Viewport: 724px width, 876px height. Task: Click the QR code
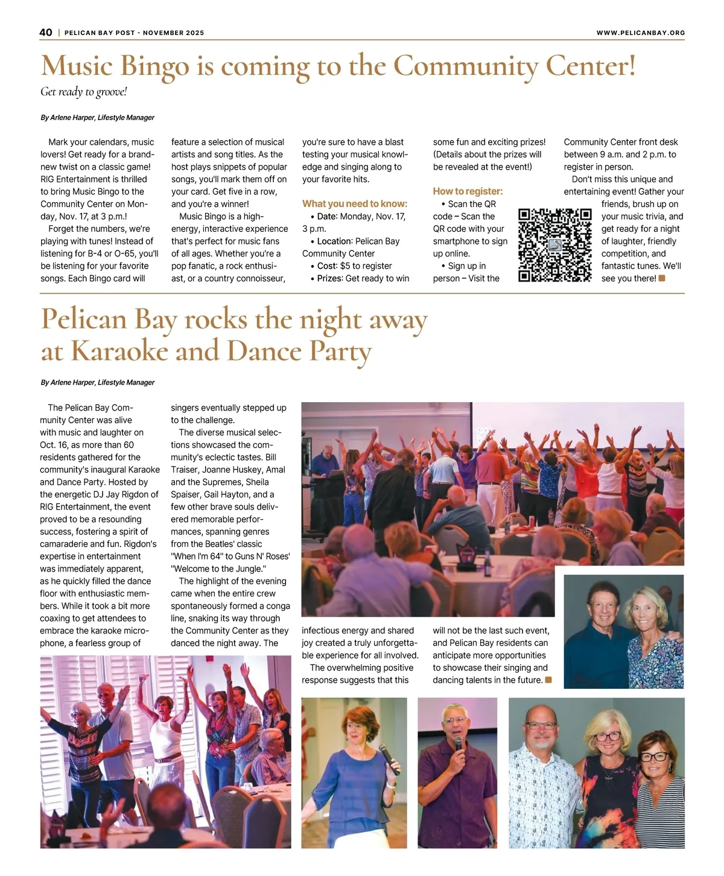click(x=554, y=245)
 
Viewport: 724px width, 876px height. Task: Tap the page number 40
click(x=46, y=33)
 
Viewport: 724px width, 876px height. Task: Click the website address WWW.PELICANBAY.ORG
click(x=640, y=33)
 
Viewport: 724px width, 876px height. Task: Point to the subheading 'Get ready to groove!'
click(x=84, y=92)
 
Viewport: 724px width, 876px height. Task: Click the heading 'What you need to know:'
click(x=355, y=204)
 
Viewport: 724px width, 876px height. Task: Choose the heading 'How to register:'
click(x=468, y=191)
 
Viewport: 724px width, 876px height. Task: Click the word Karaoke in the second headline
click(x=119, y=351)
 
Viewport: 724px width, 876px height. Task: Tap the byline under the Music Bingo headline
click(x=98, y=118)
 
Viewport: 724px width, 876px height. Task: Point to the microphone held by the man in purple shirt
click(x=458, y=743)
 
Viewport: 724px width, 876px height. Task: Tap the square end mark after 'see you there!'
click(x=662, y=278)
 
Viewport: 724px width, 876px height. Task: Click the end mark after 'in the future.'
click(x=548, y=680)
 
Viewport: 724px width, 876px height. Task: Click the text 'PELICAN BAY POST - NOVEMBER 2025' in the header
click(x=134, y=33)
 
